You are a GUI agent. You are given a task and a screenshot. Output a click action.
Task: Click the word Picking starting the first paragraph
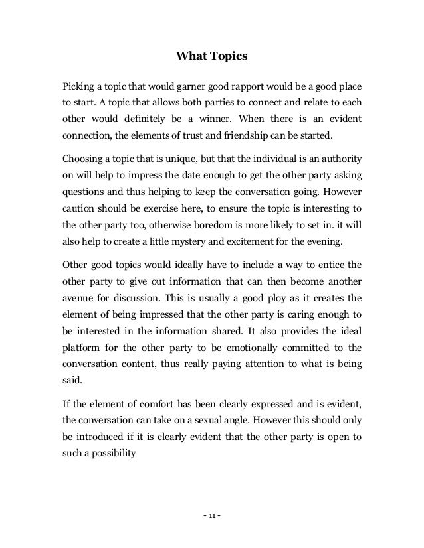[x=78, y=87]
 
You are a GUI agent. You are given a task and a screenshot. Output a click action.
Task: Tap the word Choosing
[x=84, y=160]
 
